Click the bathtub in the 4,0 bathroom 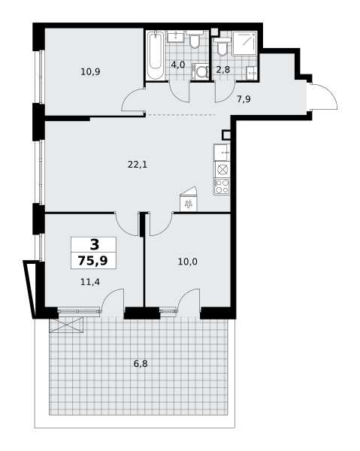tap(156, 55)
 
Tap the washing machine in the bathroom tap(201, 71)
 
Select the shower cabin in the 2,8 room tap(244, 43)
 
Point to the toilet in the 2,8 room tap(222, 47)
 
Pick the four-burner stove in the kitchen tap(222, 186)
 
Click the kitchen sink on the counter tap(222, 153)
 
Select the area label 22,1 tap(138, 165)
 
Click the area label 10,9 tap(90, 71)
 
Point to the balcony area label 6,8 tap(141, 364)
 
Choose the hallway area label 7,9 tap(244, 99)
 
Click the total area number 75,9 tap(93, 261)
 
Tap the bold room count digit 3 tap(94, 245)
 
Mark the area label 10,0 tap(187, 262)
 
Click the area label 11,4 tap(90, 282)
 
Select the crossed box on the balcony tap(66, 325)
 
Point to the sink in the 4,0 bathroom tap(175, 36)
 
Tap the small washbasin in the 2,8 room tap(252, 73)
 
